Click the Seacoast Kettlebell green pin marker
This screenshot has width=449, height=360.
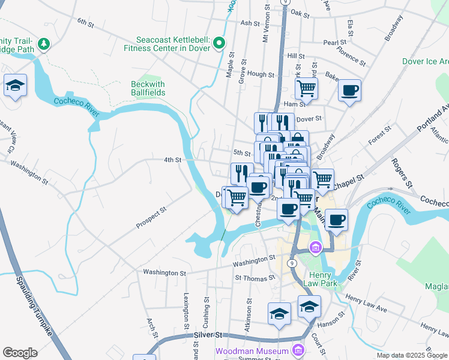pyautogui.click(x=219, y=43)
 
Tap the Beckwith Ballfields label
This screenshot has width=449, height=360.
pyautogui.click(x=148, y=89)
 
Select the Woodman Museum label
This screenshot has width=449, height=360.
pyautogui.click(x=253, y=350)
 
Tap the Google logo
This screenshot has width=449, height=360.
pyautogui.click(x=20, y=353)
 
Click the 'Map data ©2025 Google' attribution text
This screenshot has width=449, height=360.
pyautogui.click(x=411, y=355)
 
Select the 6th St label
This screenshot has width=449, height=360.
pyautogui.click(x=85, y=23)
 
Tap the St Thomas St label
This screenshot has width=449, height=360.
pyautogui.click(x=255, y=278)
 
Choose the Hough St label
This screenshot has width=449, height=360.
pyautogui.click(x=261, y=75)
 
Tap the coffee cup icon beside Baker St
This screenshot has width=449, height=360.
pyautogui.click(x=349, y=91)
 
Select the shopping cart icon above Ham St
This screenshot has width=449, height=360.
pyautogui.click(x=306, y=88)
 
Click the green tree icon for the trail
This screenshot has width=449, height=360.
pyautogui.click(x=43, y=44)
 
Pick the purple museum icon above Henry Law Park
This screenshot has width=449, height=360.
pyautogui.click(x=315, y=247)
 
